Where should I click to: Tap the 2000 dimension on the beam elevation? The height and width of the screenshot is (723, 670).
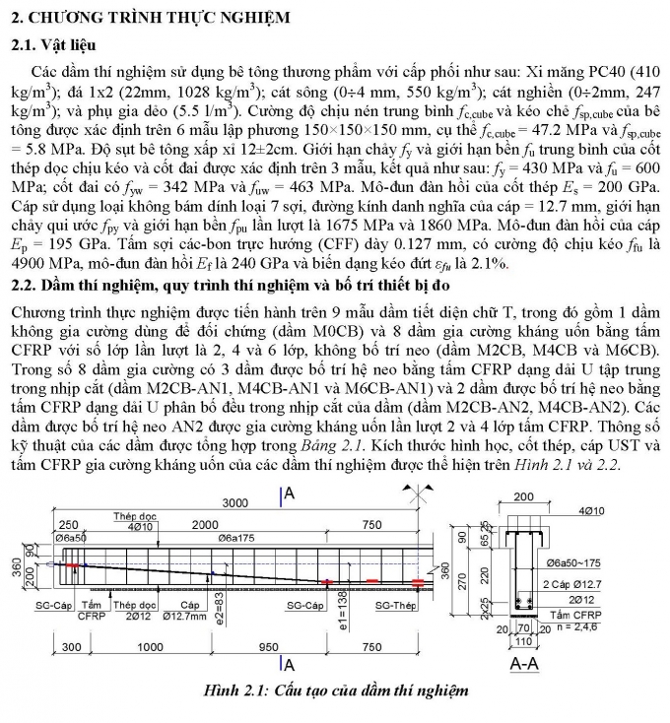pos(205,525)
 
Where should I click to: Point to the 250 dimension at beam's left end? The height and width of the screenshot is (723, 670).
pos(70,525)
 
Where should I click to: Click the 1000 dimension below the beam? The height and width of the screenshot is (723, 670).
pos(150,647)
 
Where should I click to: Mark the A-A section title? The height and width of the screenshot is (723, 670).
pos(524,665)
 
